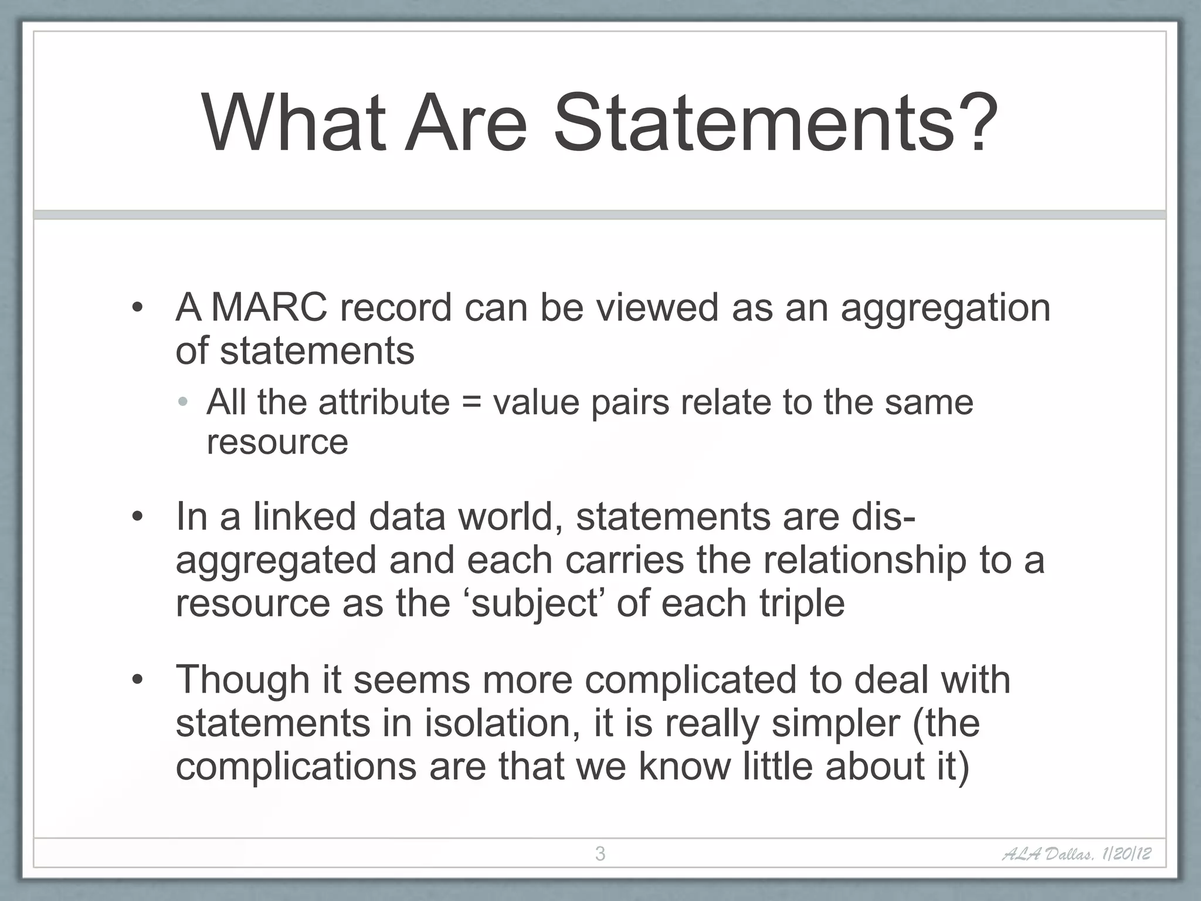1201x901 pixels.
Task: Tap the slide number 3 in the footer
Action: click(x=600, y=853)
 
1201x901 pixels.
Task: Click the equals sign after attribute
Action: click(x=471, y=403)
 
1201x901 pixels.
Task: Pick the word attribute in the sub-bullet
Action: click(x=384, y=402)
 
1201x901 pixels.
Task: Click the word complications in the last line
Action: click(x=296, y=767)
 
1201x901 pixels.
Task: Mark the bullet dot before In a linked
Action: click(x=137, y=517)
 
